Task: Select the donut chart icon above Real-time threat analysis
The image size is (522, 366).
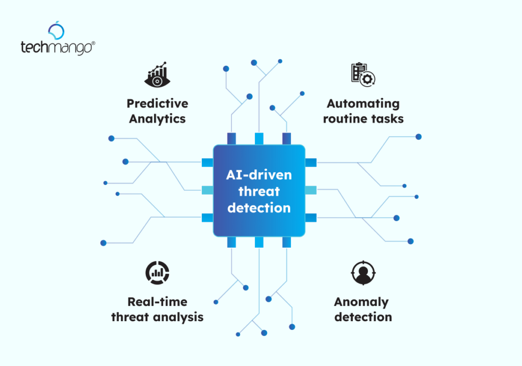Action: pyautogui.click(x=157, y=272)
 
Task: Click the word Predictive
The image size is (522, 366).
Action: pyautogui.click(x=157, y=103)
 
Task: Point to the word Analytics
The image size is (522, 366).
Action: pyautogui.click(x=157, y=119)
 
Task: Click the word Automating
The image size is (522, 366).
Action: pyautogui.click(x=363, y=103)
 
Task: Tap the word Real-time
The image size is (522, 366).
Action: pyautogui.click(x=157, y=301)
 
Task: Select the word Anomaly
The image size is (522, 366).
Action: pyautogui.click(x=361, y=301)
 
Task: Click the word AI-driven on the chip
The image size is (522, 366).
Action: pyautogui.click(x=259, y=175)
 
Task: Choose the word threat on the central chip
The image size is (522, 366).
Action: pyautogui.click(x=259, y=191)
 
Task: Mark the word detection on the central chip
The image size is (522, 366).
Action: pyautogui.click(x=259, y=207)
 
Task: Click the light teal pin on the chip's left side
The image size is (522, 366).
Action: pyautogui.click(x=207, y=190)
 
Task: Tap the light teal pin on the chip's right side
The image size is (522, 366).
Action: pyautogui.click(x=310, y=190)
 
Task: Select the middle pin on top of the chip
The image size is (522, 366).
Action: pyautogui.click(x=259, y=138)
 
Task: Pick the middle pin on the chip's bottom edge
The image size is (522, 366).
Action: pyautogui.click(x=259, y=242)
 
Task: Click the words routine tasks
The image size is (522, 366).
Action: pyautogui.click(x=363, y=119)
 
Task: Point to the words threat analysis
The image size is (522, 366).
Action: pyautogui.click(x=157, y=317)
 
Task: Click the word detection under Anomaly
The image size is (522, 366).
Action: pyautogui.click(x=363, y=317)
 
